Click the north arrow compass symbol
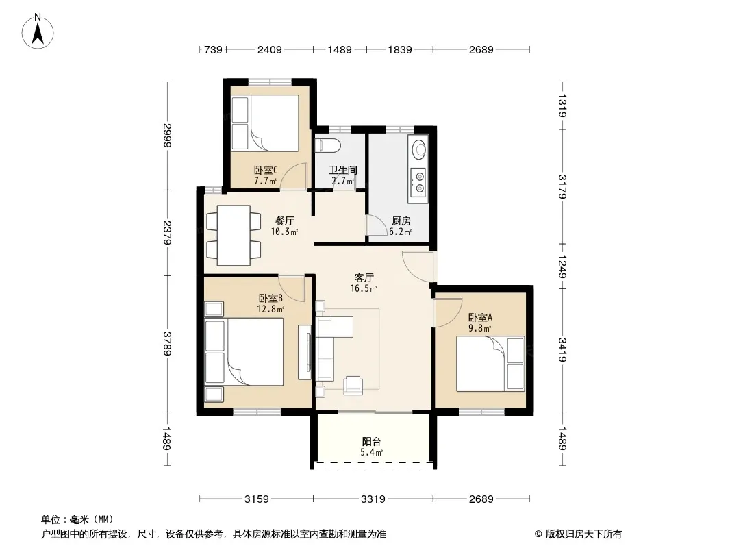[38, 32]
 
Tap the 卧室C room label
[266, 171]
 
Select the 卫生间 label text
[342, 171]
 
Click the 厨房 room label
[401, 221]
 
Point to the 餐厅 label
[284, 221]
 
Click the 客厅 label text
[364, 278]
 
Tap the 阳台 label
[371, 441]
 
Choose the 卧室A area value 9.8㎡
[479, 328]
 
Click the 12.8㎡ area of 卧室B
[270, 309]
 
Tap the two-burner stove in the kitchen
[418, 182]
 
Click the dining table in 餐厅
[234, 235]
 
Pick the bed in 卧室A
[490, 364]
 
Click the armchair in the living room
[353, 385]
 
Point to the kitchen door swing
[376, 225]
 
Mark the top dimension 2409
[270, 49]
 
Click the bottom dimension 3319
[373, 499]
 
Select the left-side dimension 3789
[167, 344]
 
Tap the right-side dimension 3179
[562, 187]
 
